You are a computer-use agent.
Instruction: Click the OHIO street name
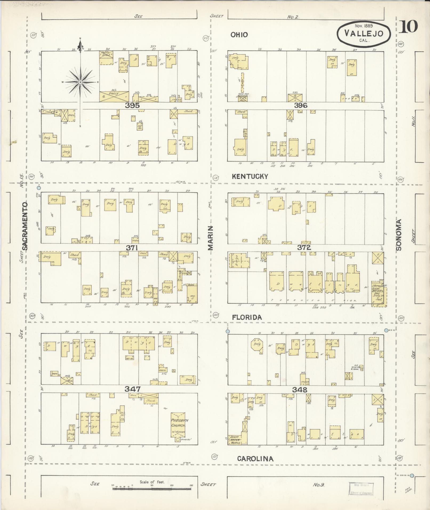[239, 35]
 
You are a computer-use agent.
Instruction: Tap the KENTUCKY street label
[250, 176]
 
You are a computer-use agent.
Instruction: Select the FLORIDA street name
[247, 317]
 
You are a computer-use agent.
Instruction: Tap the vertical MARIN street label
[211, 238]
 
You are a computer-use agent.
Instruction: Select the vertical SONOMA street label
[399, 235]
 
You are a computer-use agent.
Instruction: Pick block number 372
[304, 247]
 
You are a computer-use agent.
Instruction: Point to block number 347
[133, 389]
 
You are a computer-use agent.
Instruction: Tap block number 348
[300, 389]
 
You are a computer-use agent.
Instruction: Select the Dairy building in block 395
[114, 97]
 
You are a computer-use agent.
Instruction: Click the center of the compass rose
[80, 82]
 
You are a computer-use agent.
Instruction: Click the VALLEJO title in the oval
[364, 33]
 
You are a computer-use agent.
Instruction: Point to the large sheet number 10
[408, 27]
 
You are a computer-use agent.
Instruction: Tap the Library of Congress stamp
[361, 489]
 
